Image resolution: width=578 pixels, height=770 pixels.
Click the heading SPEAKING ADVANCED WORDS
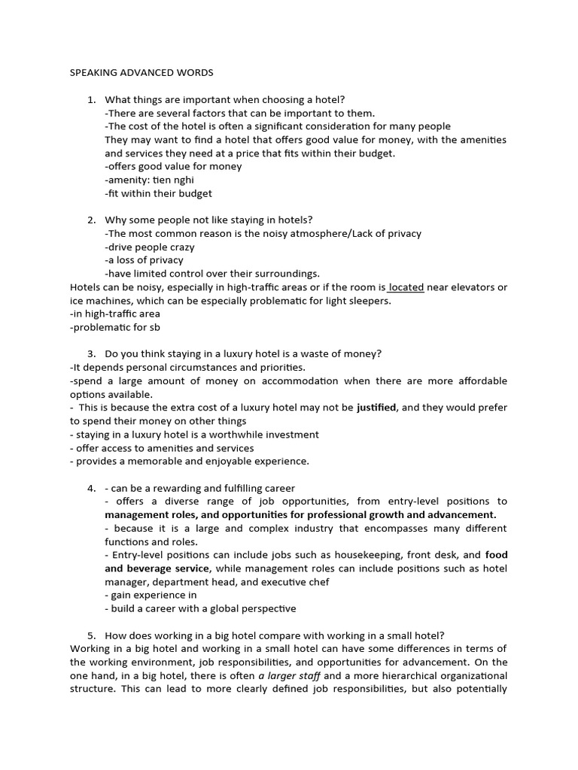[x=141, y=73]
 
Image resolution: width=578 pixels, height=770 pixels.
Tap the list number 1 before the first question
[x=90, y=100]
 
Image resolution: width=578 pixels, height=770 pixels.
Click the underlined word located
[x=406, y=287]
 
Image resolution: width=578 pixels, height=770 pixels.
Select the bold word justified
[x=379, y=408]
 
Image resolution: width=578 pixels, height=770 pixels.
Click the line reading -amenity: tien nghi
[x=151, y=180]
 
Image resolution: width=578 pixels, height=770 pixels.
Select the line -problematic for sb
[x=114, y=327]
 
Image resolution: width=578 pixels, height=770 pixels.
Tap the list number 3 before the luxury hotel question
[x=90, y=354]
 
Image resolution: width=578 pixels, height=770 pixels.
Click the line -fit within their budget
[x=158, y=193]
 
